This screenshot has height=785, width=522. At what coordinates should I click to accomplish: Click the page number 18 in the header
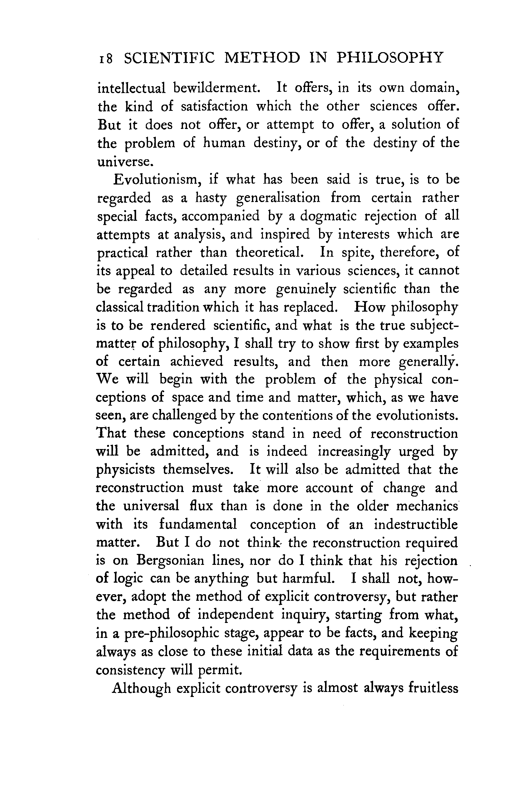[105, 59]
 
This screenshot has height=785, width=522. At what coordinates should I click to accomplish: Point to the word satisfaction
[214, 106]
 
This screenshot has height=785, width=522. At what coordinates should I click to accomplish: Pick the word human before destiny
[224, 143]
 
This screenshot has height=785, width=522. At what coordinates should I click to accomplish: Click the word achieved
[197, 362]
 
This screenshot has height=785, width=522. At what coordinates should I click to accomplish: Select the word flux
[200, 506]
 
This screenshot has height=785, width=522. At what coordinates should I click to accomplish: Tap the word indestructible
[416, 524]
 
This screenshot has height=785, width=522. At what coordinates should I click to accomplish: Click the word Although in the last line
[141, 688]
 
